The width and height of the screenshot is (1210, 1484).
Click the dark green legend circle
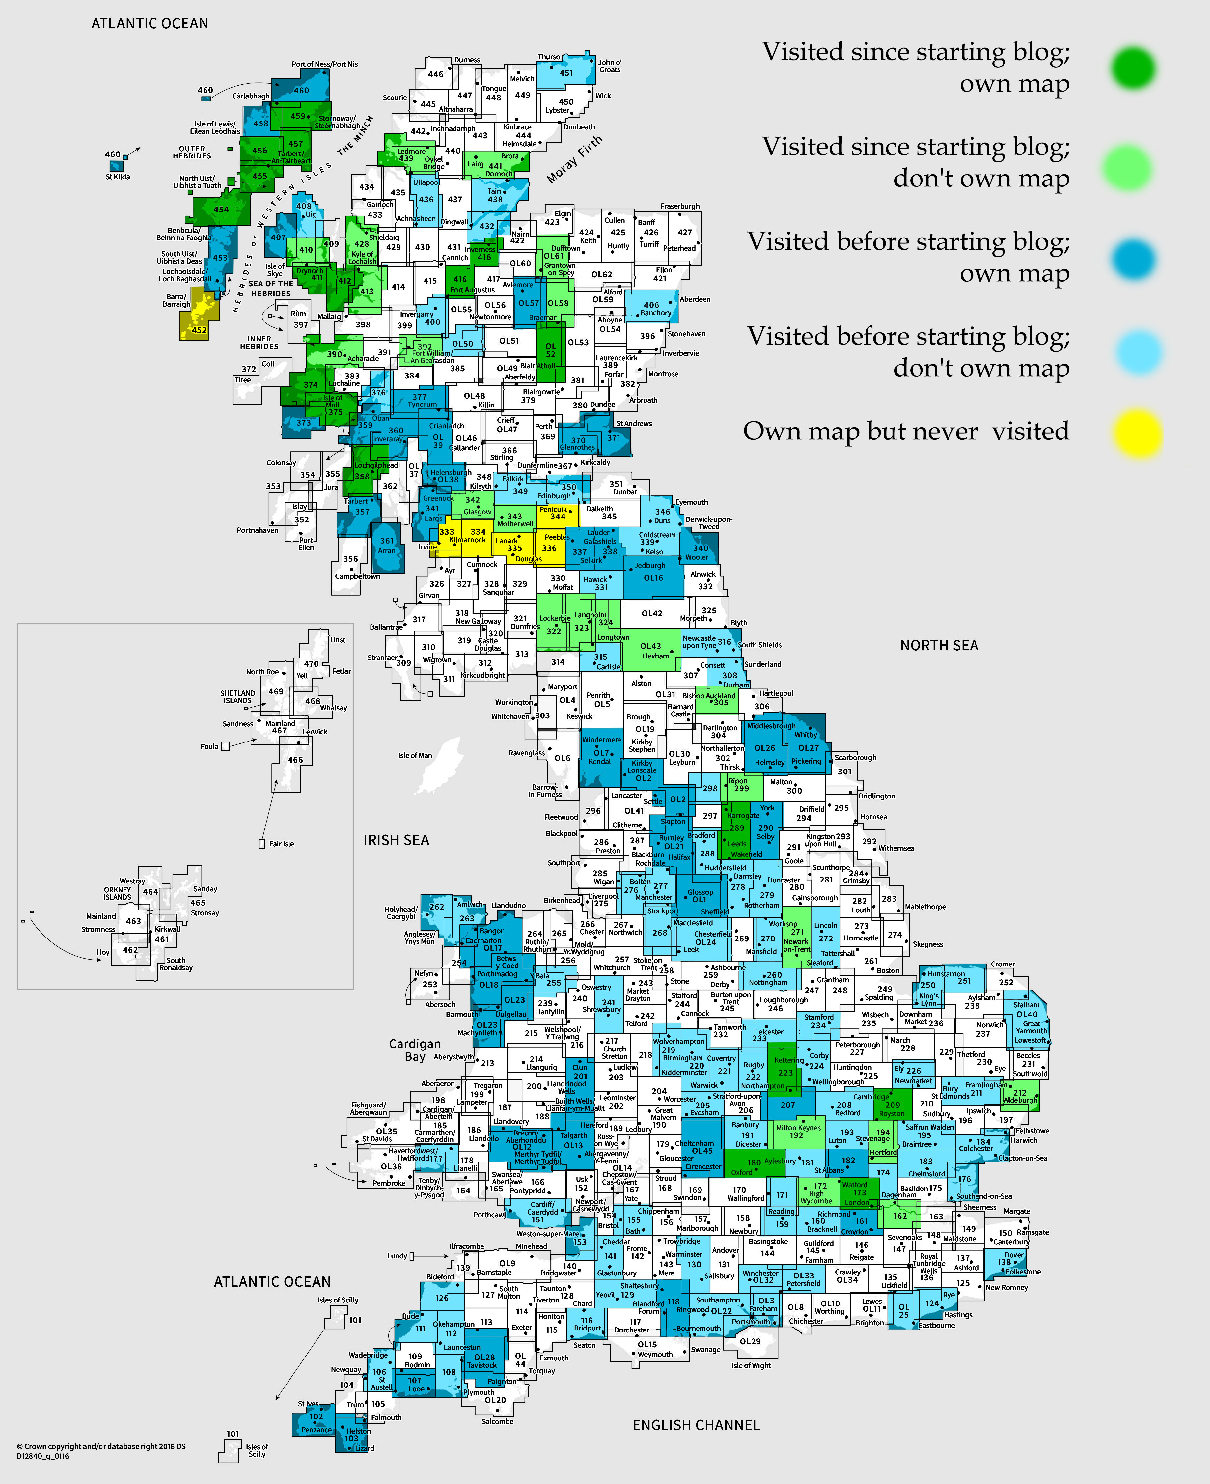(1133, 68)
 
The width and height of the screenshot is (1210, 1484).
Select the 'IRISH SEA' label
(396, 840)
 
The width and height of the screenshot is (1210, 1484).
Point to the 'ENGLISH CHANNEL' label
(696, 1425)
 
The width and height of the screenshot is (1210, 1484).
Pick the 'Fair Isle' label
(282, 843)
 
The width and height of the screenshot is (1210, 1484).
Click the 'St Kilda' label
(118, 176)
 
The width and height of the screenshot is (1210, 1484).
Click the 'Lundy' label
(397, 1255)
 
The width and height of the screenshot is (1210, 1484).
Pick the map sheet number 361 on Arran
(387, 540)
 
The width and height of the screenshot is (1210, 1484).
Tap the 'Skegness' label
(928, 944)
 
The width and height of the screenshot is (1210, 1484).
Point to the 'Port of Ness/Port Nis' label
(325, 64)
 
